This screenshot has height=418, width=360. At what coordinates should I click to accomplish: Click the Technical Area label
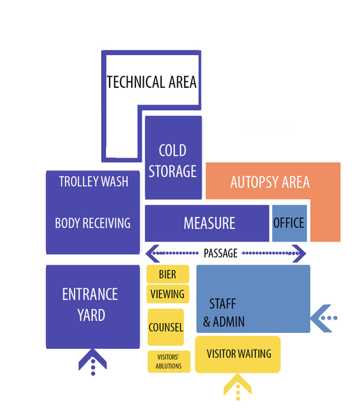pyautogui.click(x=151, y=82)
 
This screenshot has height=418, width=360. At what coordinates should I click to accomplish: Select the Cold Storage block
pyautogui.click(x=172, y=160)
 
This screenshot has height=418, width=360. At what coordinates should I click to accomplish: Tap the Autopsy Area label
pyautogui.click(x=269, y=183)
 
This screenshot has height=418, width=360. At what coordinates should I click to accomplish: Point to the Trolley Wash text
pyautogui.click(x=93, y=181)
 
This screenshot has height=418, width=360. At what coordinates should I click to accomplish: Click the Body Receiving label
pyautogui.click(x=93, y=223)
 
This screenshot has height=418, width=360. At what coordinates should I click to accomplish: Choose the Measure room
pyautogui.click(x=209, y=223)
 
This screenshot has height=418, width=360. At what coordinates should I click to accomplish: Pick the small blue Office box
pyautogui.click(x=289, y=223)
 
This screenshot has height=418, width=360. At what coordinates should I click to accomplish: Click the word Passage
pyautogui.click(x=220, y=253)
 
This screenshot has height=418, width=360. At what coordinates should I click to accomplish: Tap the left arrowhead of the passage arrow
pyautogui.click(x=150, y=253)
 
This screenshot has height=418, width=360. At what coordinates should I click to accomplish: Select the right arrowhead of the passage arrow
pyautogui.click(x=301, y=253)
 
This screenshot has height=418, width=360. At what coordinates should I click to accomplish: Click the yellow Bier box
pyautogui.click(x=167, y=274)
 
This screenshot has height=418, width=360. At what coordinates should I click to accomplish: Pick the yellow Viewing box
pyautogui.click(x=167, y=294)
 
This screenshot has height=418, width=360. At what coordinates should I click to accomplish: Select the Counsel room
pyautogui.click(x=165, y=327)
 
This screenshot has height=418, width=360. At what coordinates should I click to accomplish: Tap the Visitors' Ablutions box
pyautogui.click(x=169, y=361)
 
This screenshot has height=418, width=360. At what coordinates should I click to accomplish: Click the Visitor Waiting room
pyautogui.click(x=239, y=354)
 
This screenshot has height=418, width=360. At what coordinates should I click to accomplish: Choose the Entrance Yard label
pyautogui.click(x=91, y=304)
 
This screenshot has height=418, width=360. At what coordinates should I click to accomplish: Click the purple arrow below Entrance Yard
pyautogui.click(x=92, y=361)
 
